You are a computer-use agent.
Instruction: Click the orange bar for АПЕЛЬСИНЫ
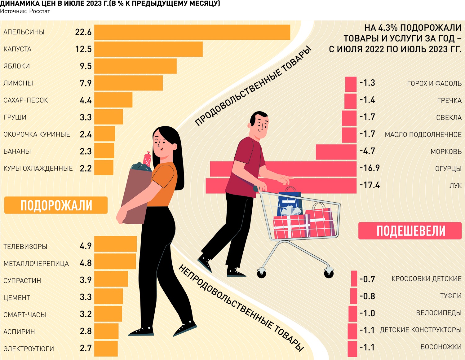tap(192, 32)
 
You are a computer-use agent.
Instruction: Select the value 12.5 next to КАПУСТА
tap(83, 49)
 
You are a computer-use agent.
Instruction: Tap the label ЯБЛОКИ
tap(17, 66)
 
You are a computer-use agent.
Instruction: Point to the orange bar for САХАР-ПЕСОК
tap(113, 100)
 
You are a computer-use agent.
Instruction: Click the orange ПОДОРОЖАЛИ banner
tap(56, 205)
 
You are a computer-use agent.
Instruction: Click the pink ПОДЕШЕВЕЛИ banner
tap(410, 231)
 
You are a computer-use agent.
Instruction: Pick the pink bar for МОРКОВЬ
tap(336, 152)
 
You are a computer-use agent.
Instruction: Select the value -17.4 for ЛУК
tap(370, 185)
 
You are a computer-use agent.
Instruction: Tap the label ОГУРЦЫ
tap(448, 169)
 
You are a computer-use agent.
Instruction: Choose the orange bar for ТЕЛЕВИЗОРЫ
tap(115, 244)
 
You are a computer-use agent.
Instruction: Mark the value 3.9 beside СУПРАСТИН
tap(86, 280)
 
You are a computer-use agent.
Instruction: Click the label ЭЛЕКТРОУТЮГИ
tap(29, 349)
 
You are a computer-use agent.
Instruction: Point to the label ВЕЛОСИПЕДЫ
tap(439, 313)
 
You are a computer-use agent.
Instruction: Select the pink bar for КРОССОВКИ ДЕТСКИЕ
tap(354, 279)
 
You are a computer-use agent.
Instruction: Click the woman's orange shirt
tap(164, 184)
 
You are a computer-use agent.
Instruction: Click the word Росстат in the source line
tap(40, 11)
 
